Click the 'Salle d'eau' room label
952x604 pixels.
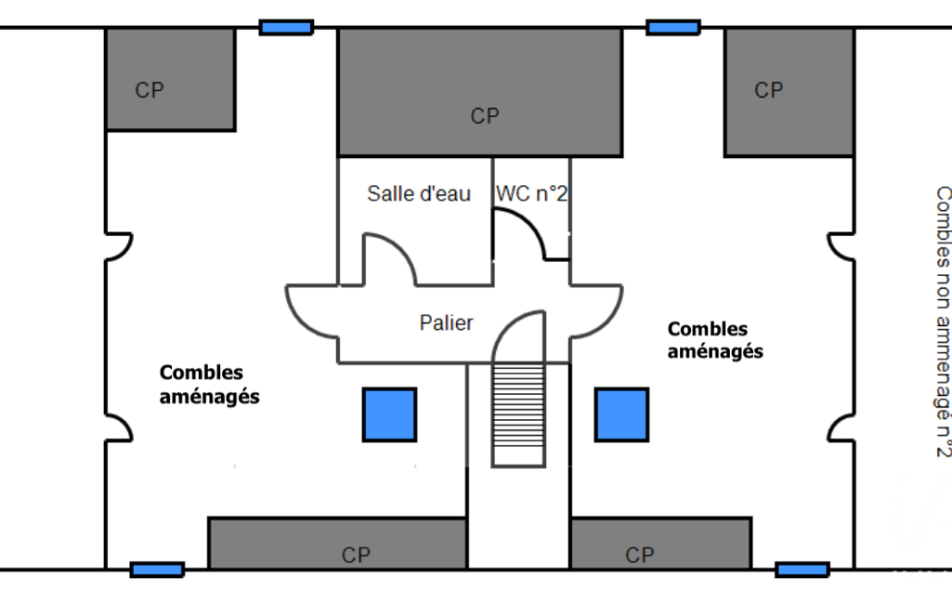tap(419, 194)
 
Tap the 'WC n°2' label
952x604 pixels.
tap(531, 194)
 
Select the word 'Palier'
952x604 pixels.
tap(446, 322)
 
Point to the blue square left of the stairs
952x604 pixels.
tap(390, 415)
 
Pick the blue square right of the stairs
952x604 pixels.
tap(621, 415)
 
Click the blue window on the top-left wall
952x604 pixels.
tap(287, 27)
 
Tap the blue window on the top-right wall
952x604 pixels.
tap(673, 27)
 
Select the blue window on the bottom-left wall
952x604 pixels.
tap(157, 570)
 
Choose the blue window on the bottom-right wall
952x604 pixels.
tap(802, 570)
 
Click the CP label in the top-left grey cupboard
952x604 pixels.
tap(150, 90)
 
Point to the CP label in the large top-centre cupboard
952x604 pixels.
tap(485, 116)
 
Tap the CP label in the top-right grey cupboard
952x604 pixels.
tap(769, 90)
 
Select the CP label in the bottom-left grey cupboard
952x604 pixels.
tap(356, 556)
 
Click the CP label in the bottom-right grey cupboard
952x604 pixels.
tap(640, 556)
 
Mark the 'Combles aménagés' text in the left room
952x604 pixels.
tap(210, 385)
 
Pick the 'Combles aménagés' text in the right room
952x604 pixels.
tap(715, 340)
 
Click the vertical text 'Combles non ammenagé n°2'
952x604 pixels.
tap(943, 322)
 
